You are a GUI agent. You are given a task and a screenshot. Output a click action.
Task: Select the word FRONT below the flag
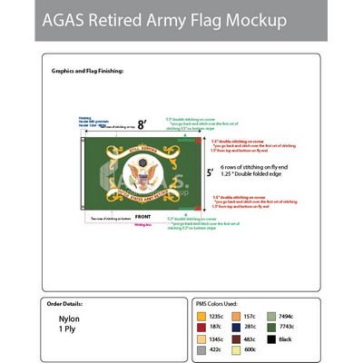(142, 217)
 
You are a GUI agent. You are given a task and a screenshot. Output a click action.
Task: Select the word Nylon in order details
(69, 320)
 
